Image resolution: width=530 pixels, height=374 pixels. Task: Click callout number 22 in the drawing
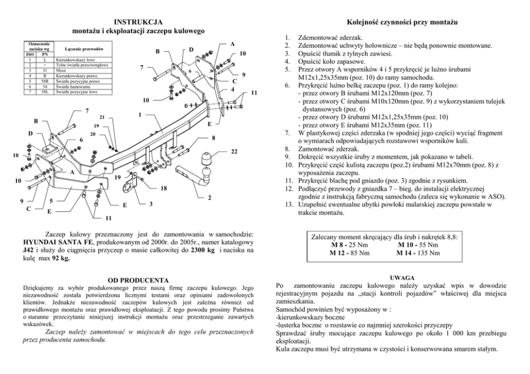click(234, 152)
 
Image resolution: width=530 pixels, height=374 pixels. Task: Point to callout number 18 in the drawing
click(163, 188)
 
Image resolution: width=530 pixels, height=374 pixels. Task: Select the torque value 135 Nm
click(427, 252)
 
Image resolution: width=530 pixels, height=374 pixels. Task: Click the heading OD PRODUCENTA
click(138, 280)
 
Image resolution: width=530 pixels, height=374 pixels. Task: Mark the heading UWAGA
click(401, 278)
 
